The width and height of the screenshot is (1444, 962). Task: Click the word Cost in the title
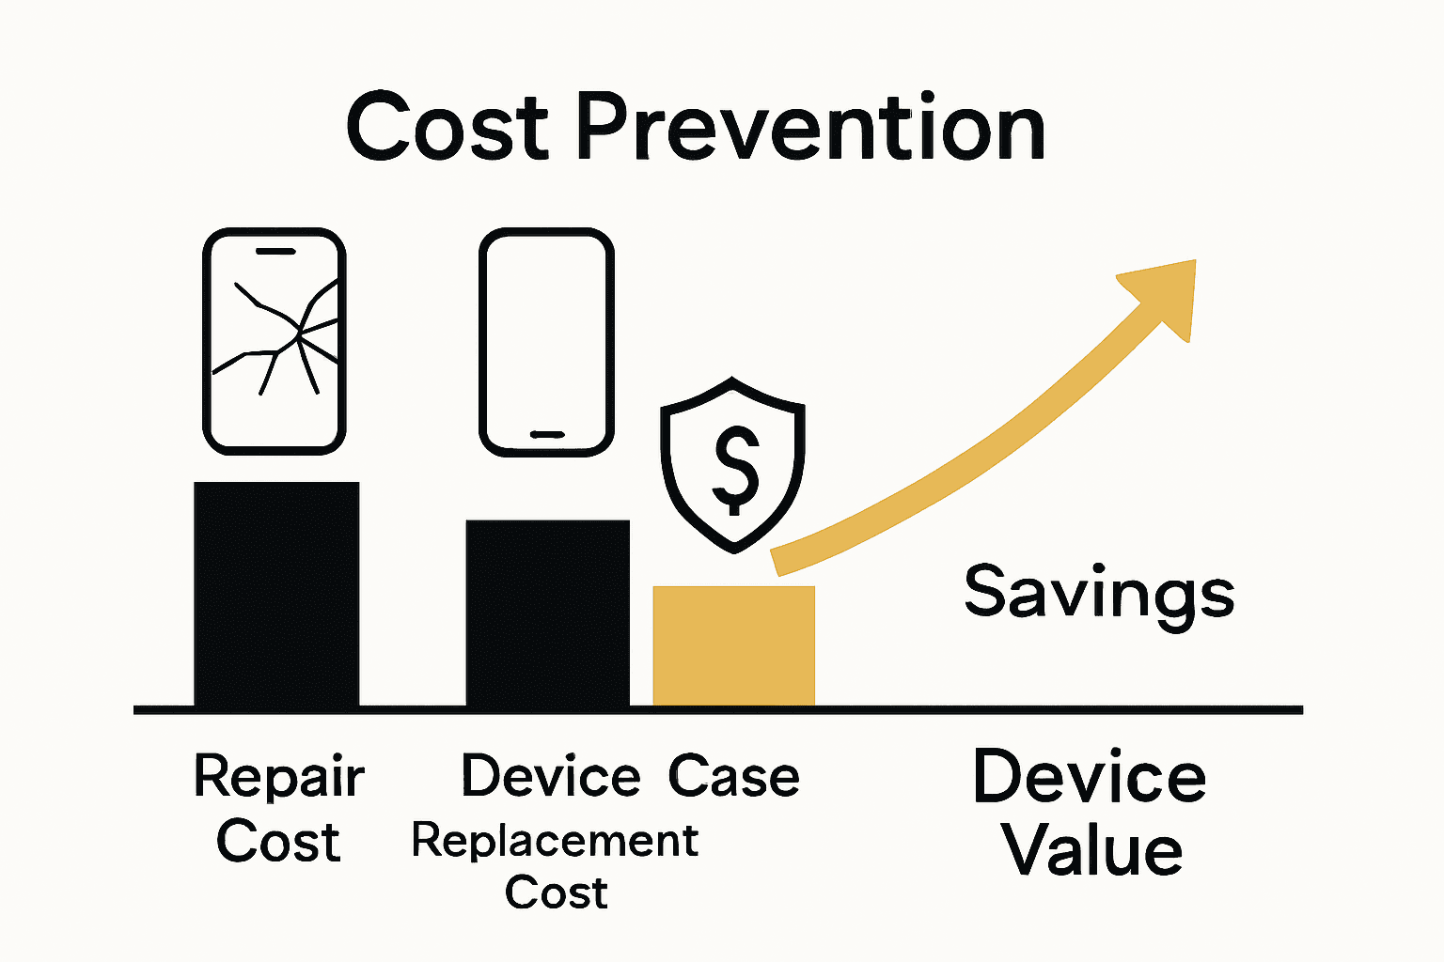pyautogui.click(x=447, y=128)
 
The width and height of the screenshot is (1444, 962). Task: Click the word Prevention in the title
pyautogui.click(x=809, y=128)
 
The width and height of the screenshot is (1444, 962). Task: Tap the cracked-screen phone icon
pyautogui.click(x=275, y=341)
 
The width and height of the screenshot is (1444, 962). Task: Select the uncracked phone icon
pyautogui.click(x=546, y=342)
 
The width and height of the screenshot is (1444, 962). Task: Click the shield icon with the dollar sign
pyautogui.click(x=733, y=464)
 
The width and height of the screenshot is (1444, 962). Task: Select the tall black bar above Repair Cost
pyautogui.click(x=276, y=594)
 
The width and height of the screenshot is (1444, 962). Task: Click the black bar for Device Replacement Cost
pyautogui.click(x=547, y=613)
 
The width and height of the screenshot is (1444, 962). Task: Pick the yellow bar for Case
pyautogui.click(x=733, y=645)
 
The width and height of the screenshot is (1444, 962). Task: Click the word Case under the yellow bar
pyautogui.click(x=733, y=777)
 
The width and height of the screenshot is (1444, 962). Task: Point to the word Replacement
pyautogui.click(x=555, y=840)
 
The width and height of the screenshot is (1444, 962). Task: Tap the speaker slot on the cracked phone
pyautogui.click(x=275, y=252)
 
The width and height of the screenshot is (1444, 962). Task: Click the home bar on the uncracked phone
pyautogui.click(x=546, y=434)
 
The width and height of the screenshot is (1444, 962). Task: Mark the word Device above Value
pyautogui.click(x=1089, y=778)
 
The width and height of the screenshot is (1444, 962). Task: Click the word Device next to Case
pyautogui.click(x=550, y=777)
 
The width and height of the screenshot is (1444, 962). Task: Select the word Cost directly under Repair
pyautogui.click(x=277, y=842)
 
